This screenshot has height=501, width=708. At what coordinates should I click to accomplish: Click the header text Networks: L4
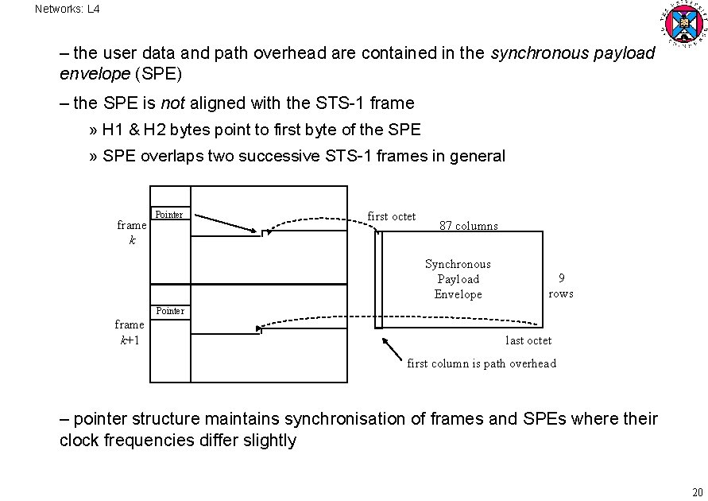[68, 10]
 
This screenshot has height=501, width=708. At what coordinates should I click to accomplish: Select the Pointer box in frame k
[169, 215]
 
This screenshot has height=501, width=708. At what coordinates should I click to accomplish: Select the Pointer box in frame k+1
[170, 311]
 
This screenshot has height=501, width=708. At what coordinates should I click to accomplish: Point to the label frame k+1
[130, 332]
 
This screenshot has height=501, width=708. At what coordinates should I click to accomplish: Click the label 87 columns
[469, 226]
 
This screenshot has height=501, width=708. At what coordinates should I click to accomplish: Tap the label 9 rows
[561, 285]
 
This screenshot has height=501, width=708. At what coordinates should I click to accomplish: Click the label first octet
[391, 216]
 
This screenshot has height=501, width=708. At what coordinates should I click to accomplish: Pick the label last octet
[528, 340]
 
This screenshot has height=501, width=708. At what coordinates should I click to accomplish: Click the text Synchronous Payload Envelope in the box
[458, 279]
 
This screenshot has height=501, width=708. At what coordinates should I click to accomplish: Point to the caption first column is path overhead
[482, 363]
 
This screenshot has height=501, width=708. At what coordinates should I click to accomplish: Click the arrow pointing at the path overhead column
[392, 348]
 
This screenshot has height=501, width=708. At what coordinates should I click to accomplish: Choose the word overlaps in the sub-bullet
[170, 156]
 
